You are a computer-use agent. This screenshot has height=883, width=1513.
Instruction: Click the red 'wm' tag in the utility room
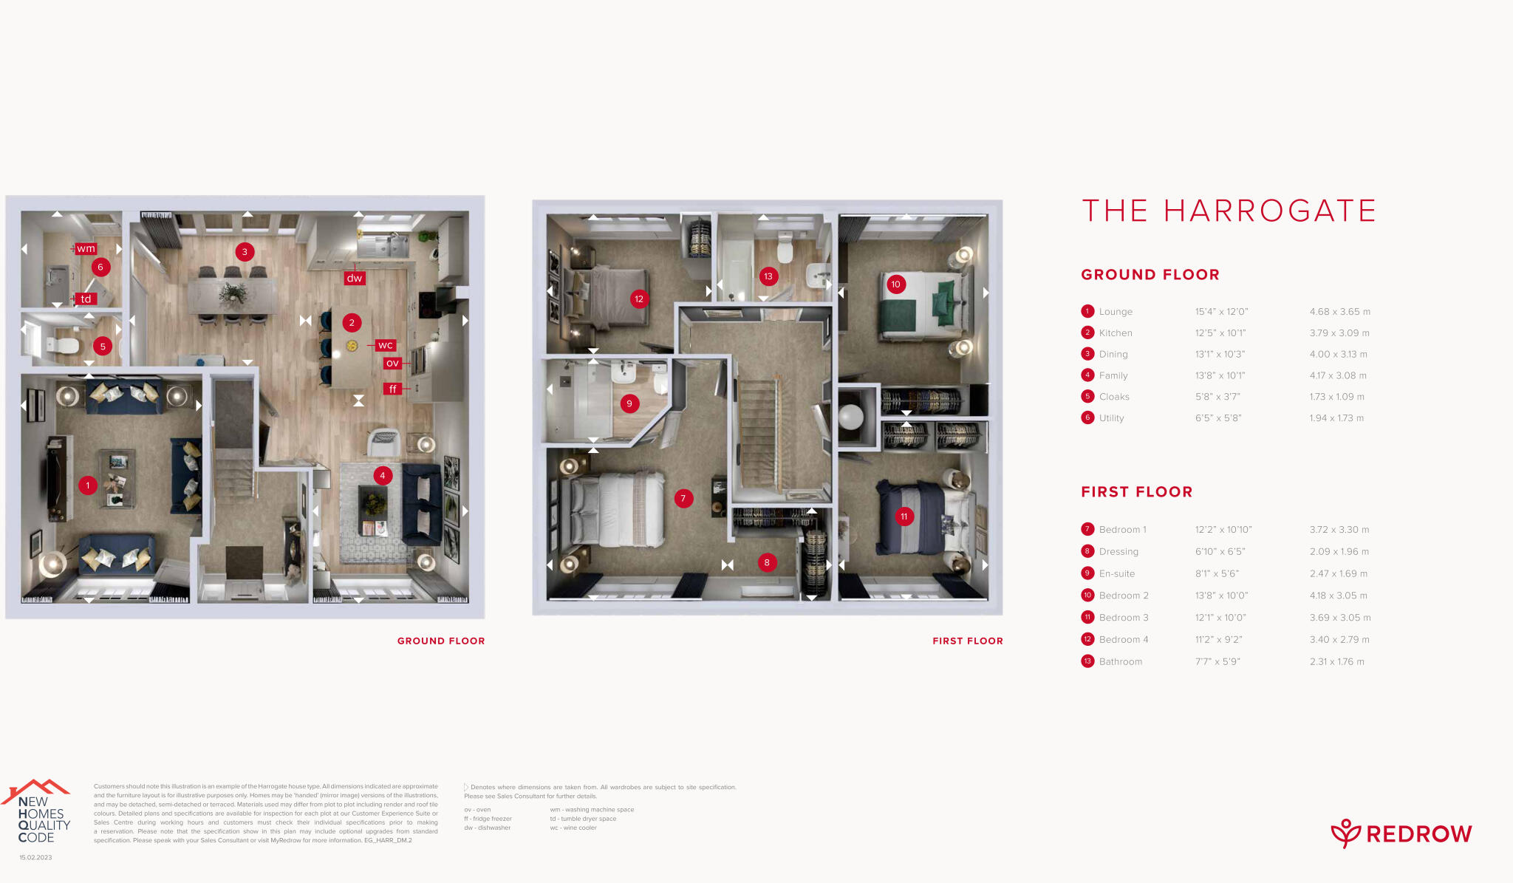(86, 249)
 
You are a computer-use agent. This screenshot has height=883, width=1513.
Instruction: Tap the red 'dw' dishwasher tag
(355, 279)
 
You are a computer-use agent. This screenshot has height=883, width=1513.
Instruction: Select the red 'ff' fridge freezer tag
(392, 389)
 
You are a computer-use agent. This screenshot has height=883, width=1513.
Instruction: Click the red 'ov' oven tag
(392, 363)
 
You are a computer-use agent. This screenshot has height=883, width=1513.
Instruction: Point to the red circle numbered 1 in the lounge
(88, 485)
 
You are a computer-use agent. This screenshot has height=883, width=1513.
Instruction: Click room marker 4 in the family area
(382, 475)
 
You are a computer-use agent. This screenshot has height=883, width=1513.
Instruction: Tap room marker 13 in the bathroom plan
(768, 276)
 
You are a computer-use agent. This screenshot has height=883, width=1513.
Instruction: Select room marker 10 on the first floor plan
(895, 284)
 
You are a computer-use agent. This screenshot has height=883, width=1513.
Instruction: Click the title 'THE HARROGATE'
(1229, 211)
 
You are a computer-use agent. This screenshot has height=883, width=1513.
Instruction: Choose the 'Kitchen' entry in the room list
(1115, 333)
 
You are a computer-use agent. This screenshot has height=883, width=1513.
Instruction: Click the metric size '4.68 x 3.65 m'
(1339, 312)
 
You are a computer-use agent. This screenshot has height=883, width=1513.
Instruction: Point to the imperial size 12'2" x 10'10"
(1223, 530)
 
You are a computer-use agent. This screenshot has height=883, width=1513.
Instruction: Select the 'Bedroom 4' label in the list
(1123, 640)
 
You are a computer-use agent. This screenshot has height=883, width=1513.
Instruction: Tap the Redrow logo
(1401, 833)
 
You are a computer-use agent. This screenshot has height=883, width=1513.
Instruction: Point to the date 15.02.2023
(35, 858)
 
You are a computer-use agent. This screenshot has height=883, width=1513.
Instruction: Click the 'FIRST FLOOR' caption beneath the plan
(968, 641)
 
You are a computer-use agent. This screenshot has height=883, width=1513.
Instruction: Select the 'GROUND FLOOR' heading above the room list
(1150, 275)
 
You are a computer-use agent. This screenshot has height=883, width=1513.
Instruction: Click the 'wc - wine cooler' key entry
(573, 828)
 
